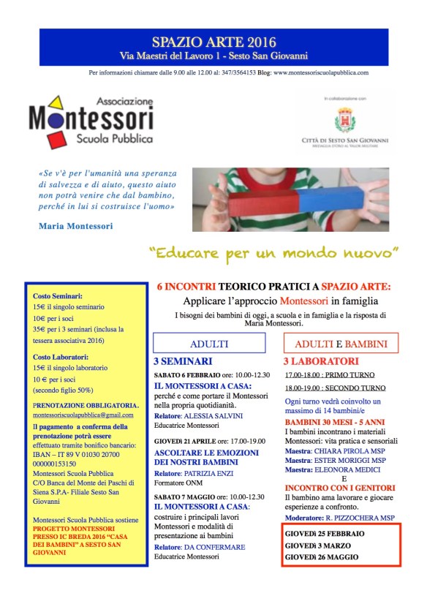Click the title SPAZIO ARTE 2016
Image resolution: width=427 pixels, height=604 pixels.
pyautogui.click(x=213, y=42)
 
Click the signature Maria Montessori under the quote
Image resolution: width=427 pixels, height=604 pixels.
pyautogui.click(x=75, y=226)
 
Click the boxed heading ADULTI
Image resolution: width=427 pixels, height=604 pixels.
pyautogui.click(x=209, y=344)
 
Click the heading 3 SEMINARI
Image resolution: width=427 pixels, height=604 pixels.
pyautogui.click(x=183, y=361)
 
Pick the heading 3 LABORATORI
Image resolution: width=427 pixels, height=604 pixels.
pyautogui.click(x=321, y=361)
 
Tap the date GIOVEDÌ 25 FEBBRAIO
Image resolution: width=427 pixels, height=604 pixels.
pyautogui.click(x=326, y=534)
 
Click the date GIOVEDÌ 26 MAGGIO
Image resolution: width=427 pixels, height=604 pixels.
pyautogui.click(x=322, y=557)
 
